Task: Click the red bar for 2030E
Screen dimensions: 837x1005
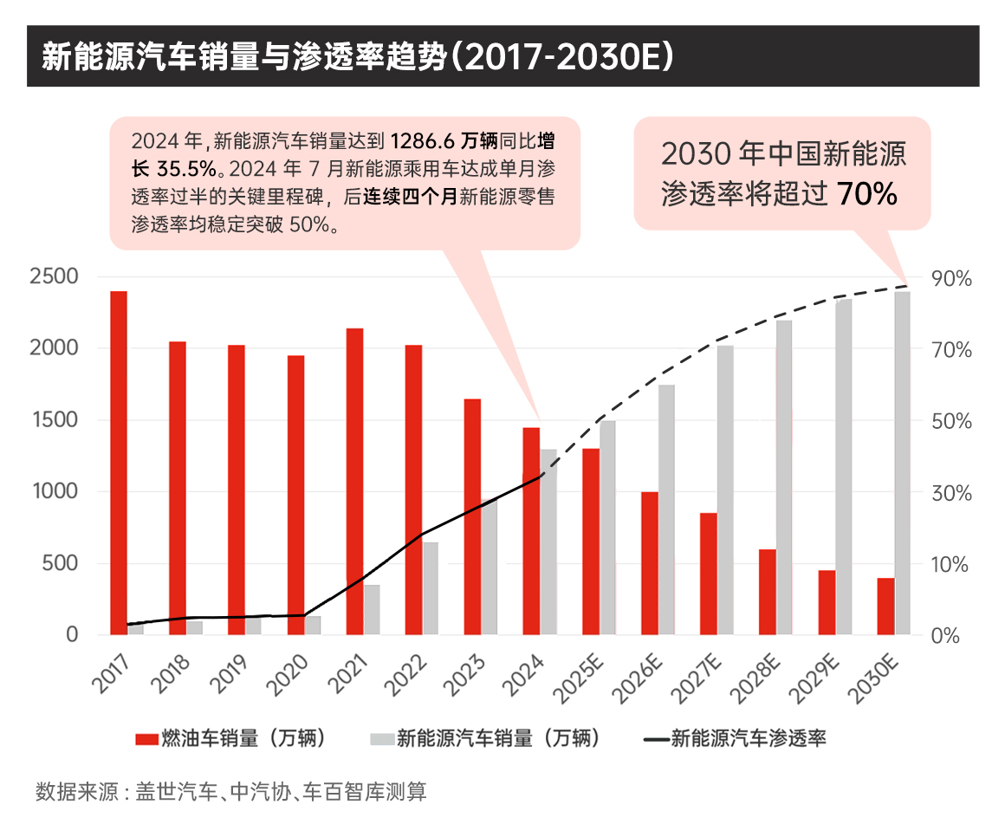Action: point(885,606)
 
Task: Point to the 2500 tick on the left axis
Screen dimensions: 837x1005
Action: point(54,277)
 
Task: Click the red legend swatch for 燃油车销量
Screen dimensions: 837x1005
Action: point(146,739)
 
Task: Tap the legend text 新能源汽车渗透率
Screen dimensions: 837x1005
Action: point(749,739)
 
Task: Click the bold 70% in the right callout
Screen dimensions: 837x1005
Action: point(866,194)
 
